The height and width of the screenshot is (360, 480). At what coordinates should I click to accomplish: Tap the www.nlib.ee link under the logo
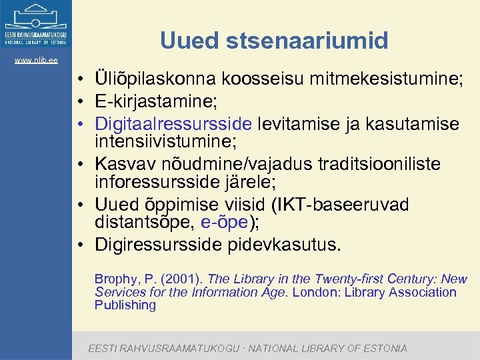tap(36, 61)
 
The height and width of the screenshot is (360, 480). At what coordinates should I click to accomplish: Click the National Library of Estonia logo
tap(36, 25)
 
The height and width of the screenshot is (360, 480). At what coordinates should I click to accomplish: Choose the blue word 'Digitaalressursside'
tap(173, 123)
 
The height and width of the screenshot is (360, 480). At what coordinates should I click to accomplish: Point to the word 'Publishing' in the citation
tap(125, 305)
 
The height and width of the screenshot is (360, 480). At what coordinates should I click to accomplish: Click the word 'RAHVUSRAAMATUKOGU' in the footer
tap(176, 348)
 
